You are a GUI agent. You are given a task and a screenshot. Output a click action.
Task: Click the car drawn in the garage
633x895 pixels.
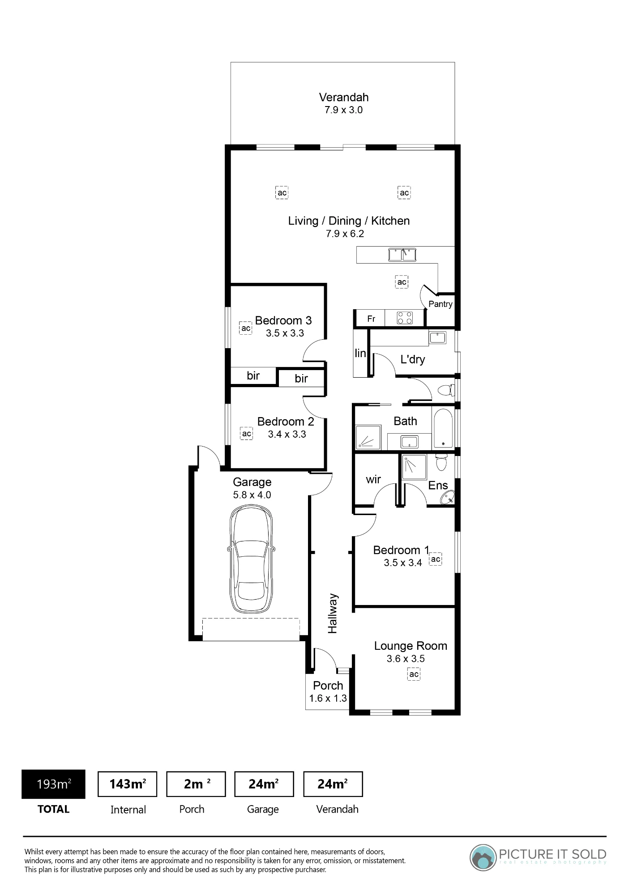coord(251,559)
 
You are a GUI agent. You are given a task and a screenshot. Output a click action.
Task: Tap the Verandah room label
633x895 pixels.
coord(344,97)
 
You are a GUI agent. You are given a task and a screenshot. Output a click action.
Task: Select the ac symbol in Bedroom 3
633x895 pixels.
coord(246,328)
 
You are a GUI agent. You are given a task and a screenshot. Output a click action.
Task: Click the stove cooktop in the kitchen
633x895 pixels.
coord(405,318)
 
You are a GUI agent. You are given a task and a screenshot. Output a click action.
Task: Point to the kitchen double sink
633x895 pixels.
coord(402,255)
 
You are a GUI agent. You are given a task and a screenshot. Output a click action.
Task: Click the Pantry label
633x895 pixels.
coord(441,304)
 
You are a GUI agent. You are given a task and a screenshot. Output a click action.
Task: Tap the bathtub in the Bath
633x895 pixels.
coord(443,428)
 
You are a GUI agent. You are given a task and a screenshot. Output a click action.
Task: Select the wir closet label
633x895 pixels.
coord(373,480)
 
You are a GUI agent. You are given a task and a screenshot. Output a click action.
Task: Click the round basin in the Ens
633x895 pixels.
coord(447,497)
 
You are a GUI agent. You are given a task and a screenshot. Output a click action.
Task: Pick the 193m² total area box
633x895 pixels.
coord(53,784)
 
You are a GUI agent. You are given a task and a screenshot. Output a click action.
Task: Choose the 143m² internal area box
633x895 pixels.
coord(127,784)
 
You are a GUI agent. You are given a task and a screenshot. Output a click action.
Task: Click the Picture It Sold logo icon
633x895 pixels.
coord(483,857)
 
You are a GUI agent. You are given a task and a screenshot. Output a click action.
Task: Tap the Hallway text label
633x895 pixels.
coord(333,614)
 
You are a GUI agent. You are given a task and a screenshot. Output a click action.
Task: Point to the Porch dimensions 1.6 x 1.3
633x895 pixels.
coord(328,698)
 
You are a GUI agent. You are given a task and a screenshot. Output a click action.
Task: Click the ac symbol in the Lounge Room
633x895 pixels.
coord(414,674)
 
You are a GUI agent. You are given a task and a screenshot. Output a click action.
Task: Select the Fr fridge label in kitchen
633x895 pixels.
coord(371,319)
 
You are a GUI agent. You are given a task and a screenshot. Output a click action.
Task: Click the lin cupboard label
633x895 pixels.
coord(360,353)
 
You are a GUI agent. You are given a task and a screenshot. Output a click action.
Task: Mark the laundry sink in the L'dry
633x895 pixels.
coord(437,337)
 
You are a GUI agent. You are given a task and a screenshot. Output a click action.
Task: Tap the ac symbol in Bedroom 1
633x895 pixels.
coord(436,559)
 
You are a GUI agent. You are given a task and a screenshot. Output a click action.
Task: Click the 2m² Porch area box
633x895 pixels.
coord(196,784)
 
